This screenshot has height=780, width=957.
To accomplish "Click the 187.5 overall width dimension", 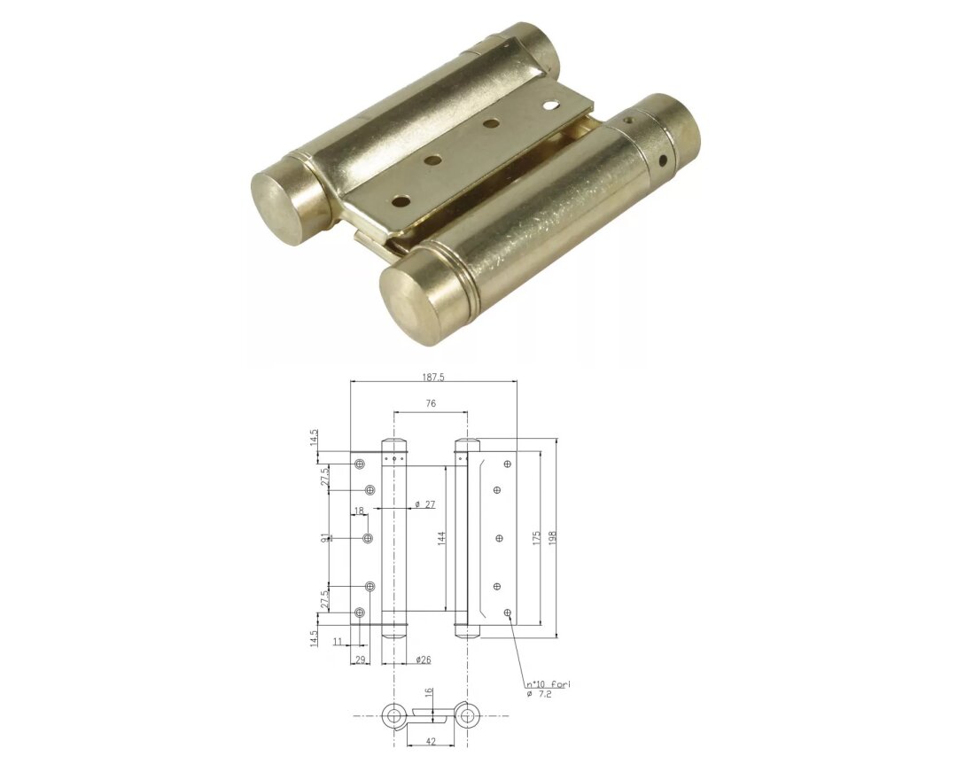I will [x=433, y=377].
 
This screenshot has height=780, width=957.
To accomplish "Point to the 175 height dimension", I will [x=536, y=538].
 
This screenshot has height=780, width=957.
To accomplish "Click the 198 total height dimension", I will [x=553, y=538].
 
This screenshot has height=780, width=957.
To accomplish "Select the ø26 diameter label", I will [x=423, y=659].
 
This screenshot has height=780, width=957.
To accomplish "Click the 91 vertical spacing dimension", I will [x=325, y=538].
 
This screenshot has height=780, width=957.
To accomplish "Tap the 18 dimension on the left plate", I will [x=359, y=511].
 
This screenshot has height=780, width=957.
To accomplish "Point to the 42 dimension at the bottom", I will [x=429, y=741].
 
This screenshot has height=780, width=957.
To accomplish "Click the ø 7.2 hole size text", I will [x=541, y=694].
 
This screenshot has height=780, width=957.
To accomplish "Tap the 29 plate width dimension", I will [x=360, y=659].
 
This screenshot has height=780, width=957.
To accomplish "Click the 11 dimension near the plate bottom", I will [x=338, y=641].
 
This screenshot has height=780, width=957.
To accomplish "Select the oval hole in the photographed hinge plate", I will [x=551, y=105].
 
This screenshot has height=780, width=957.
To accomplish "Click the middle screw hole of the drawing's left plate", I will [x=368, y=538].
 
